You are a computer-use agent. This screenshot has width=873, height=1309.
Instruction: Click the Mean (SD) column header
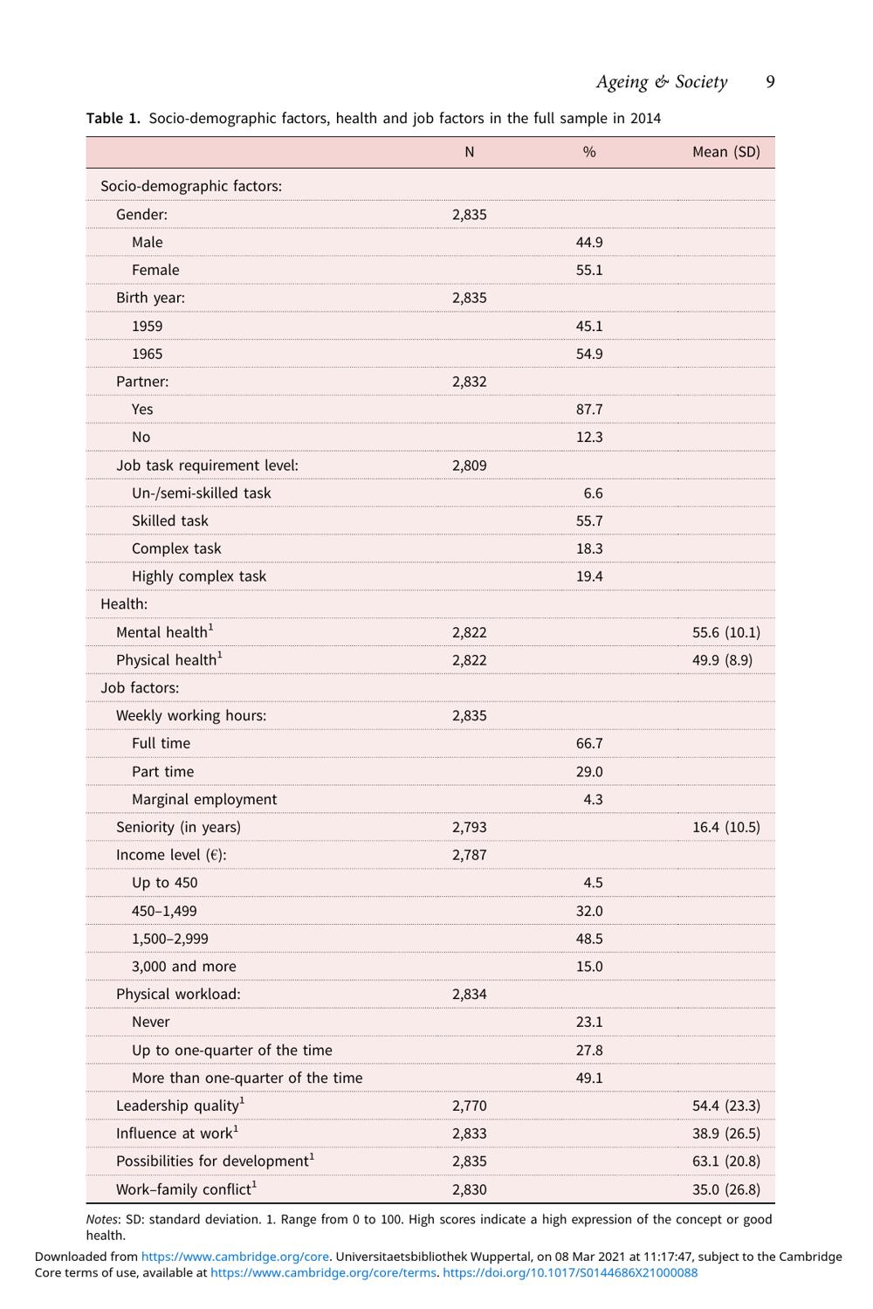[725, 152]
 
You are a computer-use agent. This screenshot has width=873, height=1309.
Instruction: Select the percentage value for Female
[589, 270]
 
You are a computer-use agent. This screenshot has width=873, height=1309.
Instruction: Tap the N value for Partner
[470, 382]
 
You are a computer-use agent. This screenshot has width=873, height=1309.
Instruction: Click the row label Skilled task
[170, 520]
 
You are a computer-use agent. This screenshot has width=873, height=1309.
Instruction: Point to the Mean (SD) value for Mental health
[725, 632]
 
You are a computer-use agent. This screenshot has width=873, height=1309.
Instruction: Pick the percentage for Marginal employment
[593, 799]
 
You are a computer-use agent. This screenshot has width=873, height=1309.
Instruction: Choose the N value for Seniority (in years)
[470, 827]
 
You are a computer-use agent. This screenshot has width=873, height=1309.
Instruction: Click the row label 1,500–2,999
[170, 939]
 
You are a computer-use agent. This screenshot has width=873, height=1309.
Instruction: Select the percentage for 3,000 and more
[589, 967]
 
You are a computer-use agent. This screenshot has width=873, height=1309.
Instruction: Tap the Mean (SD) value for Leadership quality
[725, 1106]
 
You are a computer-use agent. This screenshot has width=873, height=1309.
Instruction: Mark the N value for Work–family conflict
[470, 1189]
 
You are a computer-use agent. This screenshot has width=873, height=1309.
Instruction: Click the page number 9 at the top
[770, 82]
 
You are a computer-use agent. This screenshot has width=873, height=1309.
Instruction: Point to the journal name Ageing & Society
[661, 82]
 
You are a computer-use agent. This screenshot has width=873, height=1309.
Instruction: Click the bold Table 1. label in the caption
[113, 119]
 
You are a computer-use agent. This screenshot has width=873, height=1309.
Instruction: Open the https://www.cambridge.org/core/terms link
[323, 1272]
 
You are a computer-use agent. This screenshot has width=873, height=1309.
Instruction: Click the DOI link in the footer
[570, 1272]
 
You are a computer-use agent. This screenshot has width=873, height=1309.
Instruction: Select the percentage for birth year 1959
[589, 326]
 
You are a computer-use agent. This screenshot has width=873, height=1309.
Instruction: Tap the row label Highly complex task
[199, 576]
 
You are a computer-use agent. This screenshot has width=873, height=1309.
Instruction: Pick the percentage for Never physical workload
[589, 1022]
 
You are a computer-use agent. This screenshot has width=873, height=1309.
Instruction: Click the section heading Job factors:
[140, 688]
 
